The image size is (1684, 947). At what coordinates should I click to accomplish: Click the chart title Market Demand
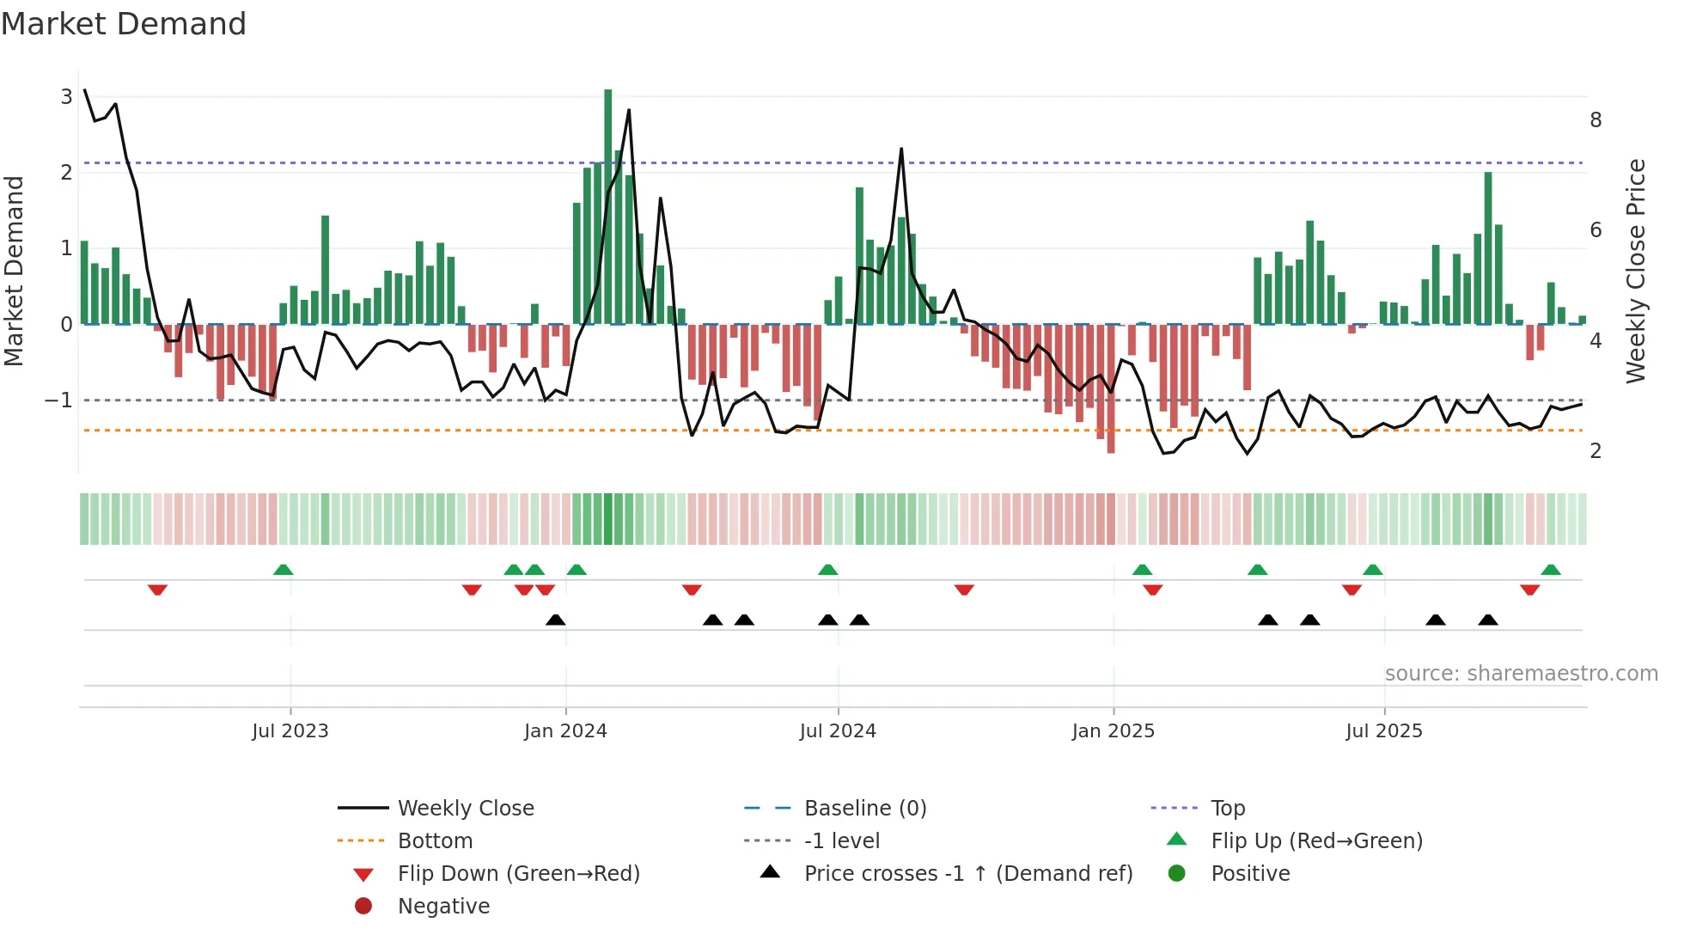[124, 24]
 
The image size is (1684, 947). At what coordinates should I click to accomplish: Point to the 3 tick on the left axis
[66, 96]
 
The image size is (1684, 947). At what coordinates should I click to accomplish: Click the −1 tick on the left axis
[59, 400]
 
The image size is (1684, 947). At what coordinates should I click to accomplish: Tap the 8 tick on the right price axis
[1596, 120]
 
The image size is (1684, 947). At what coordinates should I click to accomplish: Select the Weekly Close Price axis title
[1636, 270]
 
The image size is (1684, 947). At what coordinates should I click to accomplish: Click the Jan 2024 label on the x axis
[565, 731]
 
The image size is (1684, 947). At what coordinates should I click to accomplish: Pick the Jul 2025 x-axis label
[1383, 731]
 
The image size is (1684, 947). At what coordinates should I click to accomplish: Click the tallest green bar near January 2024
[608, 206]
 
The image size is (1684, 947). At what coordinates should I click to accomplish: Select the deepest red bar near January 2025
[1111, 388]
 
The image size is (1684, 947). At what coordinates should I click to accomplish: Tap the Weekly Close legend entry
[465, 809]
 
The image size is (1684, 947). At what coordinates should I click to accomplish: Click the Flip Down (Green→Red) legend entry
[518, 874]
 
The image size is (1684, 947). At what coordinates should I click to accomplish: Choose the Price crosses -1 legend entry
[967, 874]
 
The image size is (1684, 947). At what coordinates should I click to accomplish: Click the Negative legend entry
[443, 907]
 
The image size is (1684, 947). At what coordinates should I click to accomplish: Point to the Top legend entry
[1227, 809]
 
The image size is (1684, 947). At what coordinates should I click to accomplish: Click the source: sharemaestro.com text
[1521, 674]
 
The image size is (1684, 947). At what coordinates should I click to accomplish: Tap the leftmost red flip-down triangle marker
[157, 590]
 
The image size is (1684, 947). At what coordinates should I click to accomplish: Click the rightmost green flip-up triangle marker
[1551, 570]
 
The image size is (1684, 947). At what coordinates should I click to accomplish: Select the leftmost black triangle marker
[556, 620]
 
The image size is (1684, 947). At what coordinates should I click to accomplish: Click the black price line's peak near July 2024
[901, 149]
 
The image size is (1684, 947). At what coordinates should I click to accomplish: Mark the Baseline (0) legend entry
[864, 809]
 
